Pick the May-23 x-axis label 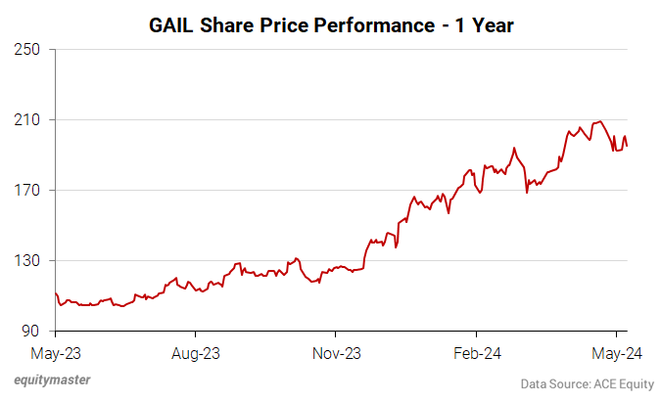coord(57,351)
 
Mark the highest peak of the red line coord(599,121)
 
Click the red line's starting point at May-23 coord(56,292)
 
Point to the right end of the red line coord(627,146)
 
